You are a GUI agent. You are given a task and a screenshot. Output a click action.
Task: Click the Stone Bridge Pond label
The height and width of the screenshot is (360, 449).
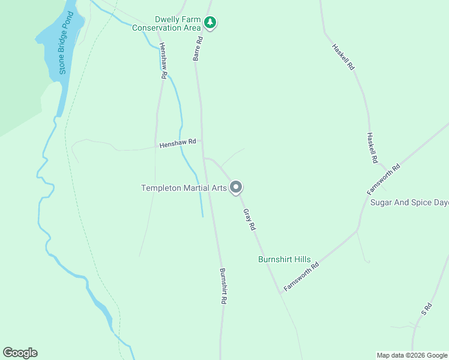point(67,44)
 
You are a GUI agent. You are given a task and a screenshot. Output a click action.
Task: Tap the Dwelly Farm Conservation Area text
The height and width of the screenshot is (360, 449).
point(166,23)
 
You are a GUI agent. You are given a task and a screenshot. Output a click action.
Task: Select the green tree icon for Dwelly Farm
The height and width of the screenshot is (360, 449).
point(209,23)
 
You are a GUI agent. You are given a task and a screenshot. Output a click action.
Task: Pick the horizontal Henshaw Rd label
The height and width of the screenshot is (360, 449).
point(178,143)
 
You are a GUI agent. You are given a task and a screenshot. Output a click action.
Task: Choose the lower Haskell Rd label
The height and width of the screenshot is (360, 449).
point(372,148)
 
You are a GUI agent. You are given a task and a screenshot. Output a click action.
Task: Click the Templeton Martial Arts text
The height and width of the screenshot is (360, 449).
point(184,188)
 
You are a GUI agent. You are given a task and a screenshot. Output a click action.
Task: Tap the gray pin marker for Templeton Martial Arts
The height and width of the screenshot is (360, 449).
point(237,187)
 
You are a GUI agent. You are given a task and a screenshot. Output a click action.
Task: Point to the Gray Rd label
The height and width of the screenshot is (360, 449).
point(250,220)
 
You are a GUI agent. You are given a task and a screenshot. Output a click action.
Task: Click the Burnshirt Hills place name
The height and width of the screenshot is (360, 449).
point(285,259)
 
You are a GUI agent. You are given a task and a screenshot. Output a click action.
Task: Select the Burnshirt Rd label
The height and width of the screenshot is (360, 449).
point(222,286)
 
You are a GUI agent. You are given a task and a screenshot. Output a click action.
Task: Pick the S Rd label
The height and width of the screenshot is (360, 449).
point(427,308)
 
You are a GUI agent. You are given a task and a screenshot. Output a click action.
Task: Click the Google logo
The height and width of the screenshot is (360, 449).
point(20,353)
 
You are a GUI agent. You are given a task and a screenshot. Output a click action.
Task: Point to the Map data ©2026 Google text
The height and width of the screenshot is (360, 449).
point(412,355)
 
